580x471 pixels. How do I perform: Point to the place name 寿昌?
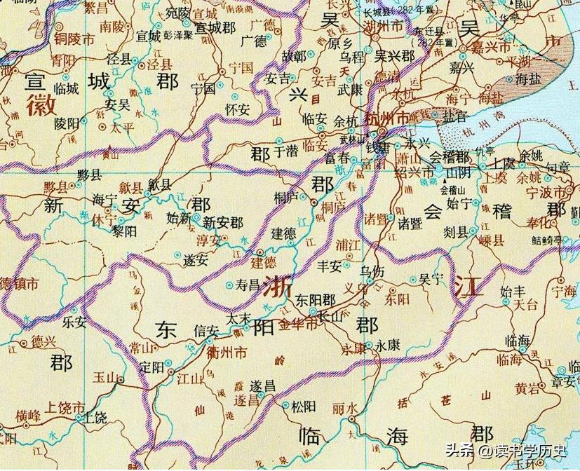[248, 286]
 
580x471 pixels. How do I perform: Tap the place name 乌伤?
[372, 270]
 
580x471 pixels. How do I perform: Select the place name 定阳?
[152, 367]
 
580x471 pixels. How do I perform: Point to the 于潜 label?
[285, 150]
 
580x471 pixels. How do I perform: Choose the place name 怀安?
[237, 109]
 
